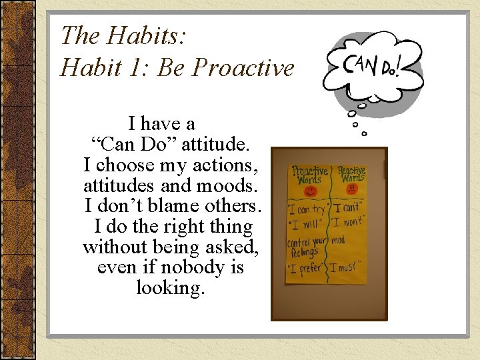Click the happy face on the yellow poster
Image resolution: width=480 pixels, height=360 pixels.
click(309, 191)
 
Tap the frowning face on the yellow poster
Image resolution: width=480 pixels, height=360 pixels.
click(351, 189)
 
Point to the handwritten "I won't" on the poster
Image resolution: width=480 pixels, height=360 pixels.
click(347, 221)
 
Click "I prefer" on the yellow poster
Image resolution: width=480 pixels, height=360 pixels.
click(307, 270)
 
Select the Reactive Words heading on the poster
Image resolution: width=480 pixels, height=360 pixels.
click(351, 175)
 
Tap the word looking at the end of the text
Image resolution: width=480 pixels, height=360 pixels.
click(170, 288)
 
